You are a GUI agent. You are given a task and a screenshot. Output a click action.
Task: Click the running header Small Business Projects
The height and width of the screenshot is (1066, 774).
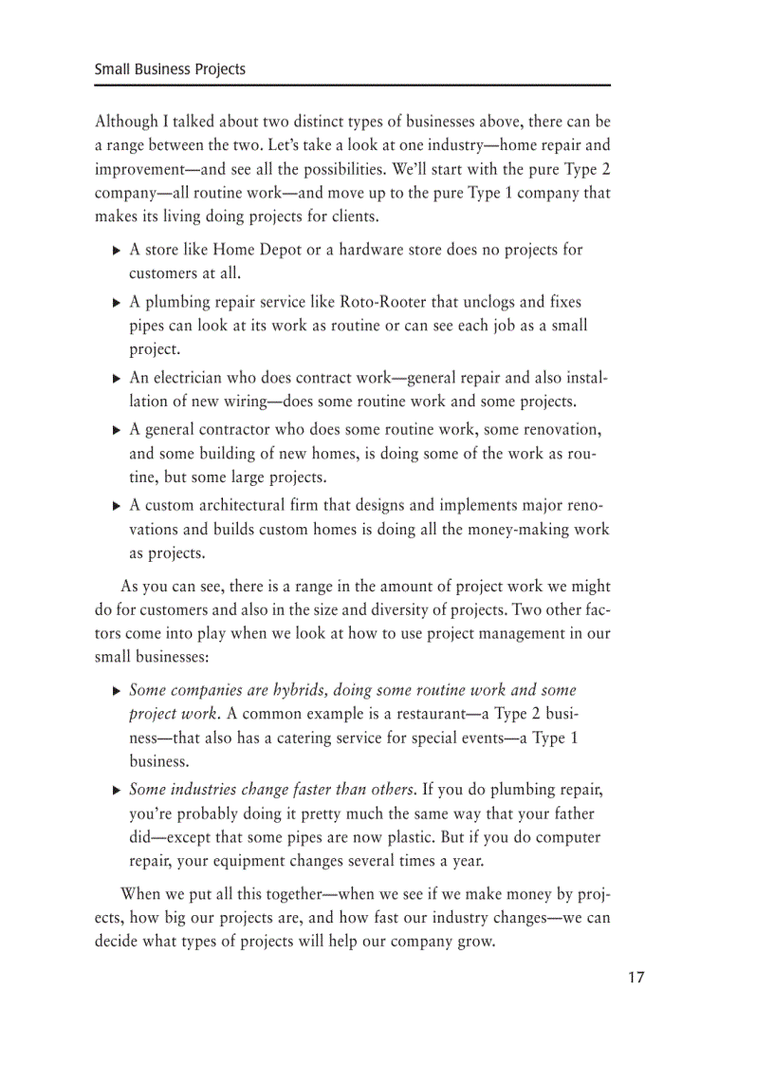(x=170, y=69)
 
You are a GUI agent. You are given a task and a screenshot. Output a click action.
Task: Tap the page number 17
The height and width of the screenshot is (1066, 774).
(x=635, y=978)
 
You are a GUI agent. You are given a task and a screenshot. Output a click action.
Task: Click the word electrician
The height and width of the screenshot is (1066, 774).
(x=190, y=378)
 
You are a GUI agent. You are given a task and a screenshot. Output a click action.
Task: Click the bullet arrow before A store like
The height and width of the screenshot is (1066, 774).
(x=116, y=252)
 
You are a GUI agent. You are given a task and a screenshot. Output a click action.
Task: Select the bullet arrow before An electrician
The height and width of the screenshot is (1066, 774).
(x=116, y=379)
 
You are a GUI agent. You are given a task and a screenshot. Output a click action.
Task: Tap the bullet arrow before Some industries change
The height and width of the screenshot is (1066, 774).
(x=116, y=791)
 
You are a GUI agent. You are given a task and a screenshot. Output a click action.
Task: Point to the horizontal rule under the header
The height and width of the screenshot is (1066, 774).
(x=352, y=85)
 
